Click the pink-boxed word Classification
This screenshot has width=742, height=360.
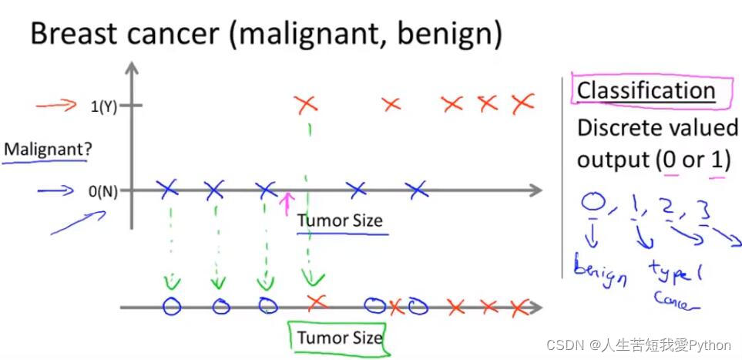point(646,90)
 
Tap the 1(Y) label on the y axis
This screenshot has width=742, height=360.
point(103,107)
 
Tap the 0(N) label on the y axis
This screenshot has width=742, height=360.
point(103,191)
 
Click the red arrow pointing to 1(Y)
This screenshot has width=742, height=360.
point(56,106)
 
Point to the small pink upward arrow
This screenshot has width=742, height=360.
point(287,204)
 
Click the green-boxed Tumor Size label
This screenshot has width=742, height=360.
point(339,337)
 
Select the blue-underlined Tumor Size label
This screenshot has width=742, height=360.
point(340,221)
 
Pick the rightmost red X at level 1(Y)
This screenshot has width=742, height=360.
point(522,102)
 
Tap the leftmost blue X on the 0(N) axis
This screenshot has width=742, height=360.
point(167,187)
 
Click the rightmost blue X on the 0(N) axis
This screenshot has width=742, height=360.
point(416,187)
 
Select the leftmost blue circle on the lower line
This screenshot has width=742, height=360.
point(172,306)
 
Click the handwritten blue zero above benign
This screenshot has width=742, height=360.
point(592,204)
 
